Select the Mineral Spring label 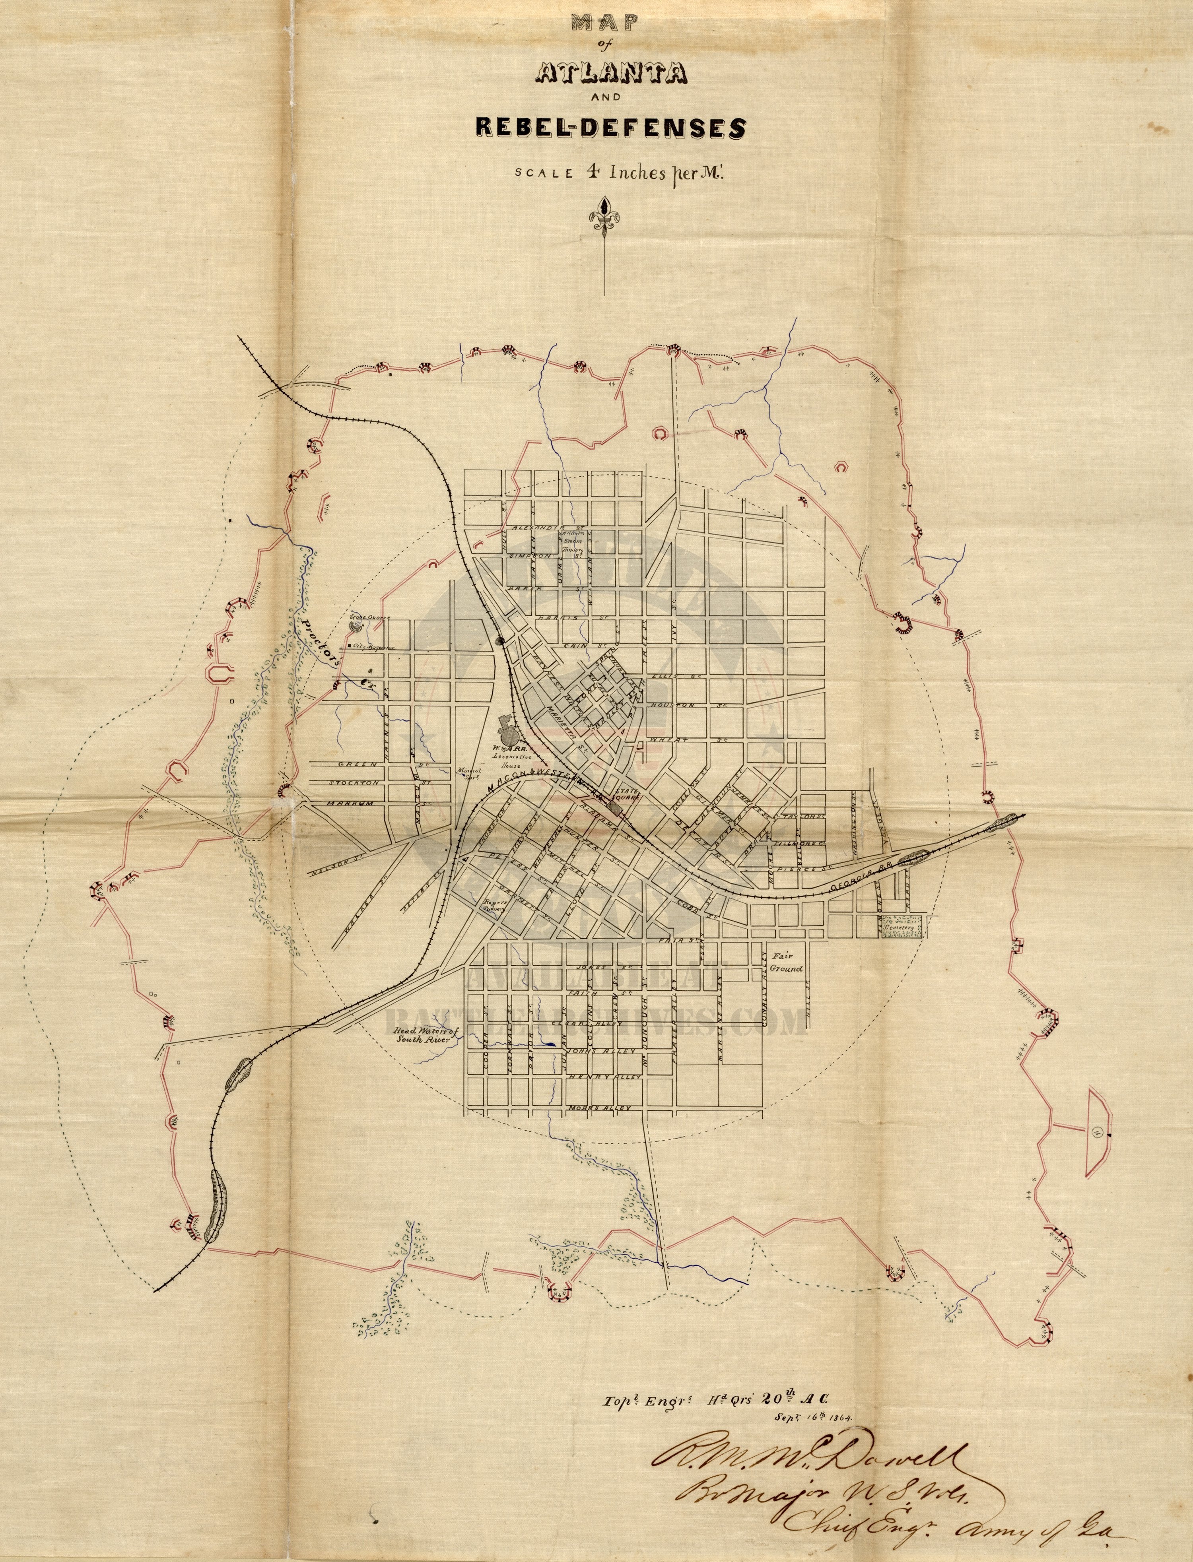[x=469, y=772]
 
